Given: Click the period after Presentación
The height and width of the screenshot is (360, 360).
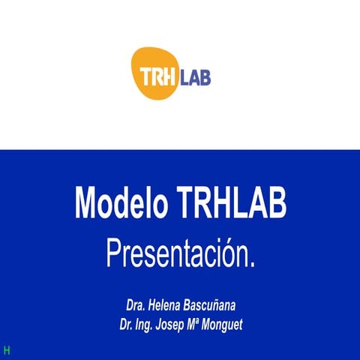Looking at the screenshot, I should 252,263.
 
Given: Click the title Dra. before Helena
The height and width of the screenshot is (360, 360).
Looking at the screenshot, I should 136,306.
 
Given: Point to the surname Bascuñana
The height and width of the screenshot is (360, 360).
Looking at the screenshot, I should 209,306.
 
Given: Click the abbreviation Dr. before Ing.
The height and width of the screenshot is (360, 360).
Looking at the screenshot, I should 125,324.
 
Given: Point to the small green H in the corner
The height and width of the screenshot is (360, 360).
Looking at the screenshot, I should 7,350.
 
